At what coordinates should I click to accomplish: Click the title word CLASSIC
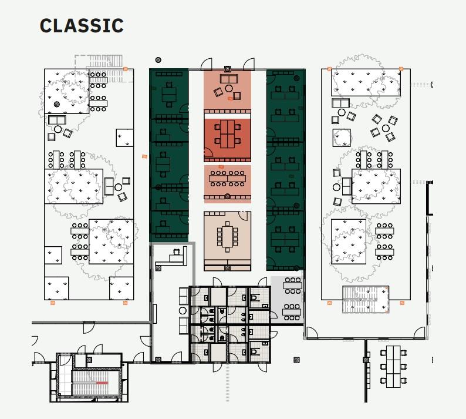coord(82,26)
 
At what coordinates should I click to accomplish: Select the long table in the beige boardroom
coord(227,237)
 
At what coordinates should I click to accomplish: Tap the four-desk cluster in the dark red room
coord(227,134)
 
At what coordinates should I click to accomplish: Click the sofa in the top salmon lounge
coord(229,79)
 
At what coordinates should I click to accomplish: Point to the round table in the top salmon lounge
coord(228,88)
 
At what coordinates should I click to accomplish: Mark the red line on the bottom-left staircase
coord(102,383)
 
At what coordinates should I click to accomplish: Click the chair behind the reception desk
coord(177,252)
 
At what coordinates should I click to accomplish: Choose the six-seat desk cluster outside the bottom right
coord(393,367)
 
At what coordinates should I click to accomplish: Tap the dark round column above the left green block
coord(158,60)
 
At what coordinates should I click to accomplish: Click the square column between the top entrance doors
coord(227,69)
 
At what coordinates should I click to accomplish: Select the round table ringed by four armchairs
coord(386,128)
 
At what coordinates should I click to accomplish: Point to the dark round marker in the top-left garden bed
coord(57,104)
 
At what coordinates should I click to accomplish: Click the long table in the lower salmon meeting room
coord(227,179)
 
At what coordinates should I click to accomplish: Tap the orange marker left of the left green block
coord(144,156)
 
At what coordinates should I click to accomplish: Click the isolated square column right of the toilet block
coord(296,360)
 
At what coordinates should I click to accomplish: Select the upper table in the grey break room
coord(292,286)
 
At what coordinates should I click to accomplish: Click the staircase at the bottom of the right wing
coord(366,299)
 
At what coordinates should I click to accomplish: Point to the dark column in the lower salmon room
coord(227,196)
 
